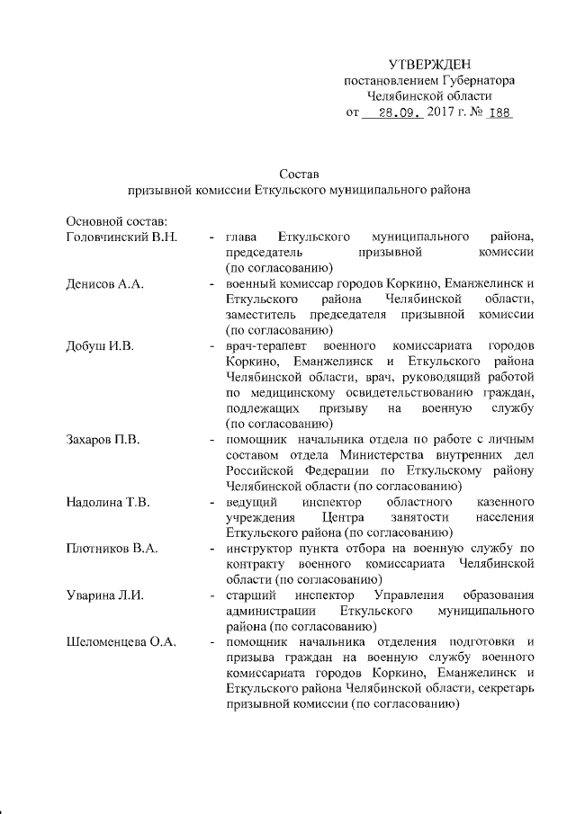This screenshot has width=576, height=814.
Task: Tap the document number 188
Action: [498, 113]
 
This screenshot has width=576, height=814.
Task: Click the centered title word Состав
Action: [300, 173]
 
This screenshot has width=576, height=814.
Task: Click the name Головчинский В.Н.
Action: [122, 237]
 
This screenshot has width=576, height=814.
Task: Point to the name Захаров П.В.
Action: [105, 441]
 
